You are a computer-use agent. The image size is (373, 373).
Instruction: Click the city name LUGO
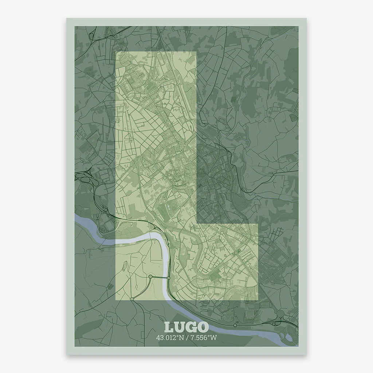click(186, 327)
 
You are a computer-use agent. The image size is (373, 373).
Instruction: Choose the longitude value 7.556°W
click(203, 338)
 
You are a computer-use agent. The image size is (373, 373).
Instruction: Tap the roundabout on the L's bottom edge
click(132, 299)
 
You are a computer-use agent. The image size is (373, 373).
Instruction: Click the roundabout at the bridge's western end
click(150, 277)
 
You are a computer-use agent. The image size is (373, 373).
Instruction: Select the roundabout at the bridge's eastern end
click(169, 278)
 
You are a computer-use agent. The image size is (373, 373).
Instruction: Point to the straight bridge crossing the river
click(160, 278)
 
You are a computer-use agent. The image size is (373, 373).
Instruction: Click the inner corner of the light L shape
click(197, 223)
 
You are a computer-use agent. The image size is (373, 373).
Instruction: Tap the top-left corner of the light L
click(116, 52)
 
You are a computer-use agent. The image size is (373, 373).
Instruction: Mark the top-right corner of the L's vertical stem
click(196, 52)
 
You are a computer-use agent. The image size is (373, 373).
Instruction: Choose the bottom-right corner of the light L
click(258, 301)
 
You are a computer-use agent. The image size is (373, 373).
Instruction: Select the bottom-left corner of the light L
click(116, 301)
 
